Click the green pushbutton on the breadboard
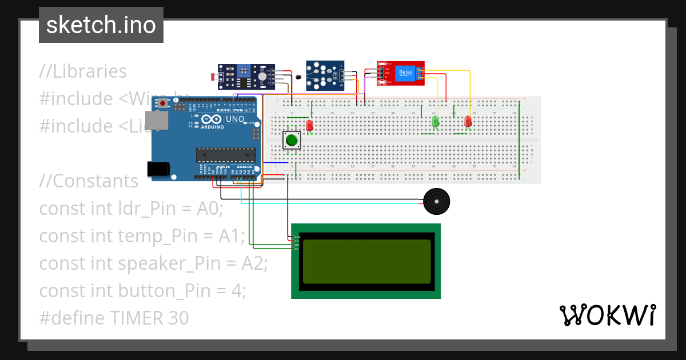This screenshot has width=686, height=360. pyautogui.click(x=292, y=140)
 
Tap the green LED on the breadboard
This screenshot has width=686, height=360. pyautogui.click(x=436, y=122)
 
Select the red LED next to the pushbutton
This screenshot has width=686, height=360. pyautogui.click(x=310, y=125)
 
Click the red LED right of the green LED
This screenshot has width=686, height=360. pyautogui.click(x=468, y=122)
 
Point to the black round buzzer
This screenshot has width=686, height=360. pyautogui.click(x=437, y=201)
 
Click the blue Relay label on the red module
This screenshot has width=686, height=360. pyautogui.click(x=405, y=72)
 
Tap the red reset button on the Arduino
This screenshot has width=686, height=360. pyautogui.click(x=163, y=103)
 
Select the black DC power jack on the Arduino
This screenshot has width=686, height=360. pyautogui.click(x=158, y=169)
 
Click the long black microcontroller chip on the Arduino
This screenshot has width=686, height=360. pyautogui.click(x=226, y=155)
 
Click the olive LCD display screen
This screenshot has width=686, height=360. pyautogui.click(x=366, y=261)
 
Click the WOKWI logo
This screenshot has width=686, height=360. pyautogui.click(x=607, y=315)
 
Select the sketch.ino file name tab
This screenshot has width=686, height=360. pyautogui.click(x=101, y=25)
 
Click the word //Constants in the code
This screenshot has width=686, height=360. pyautogui.click(x=89, y=181)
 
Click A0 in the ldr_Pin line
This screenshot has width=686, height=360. pyautogui.click(x=210, y=209)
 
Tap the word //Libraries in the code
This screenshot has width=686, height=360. pyautogui.click(x=83, y=71)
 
